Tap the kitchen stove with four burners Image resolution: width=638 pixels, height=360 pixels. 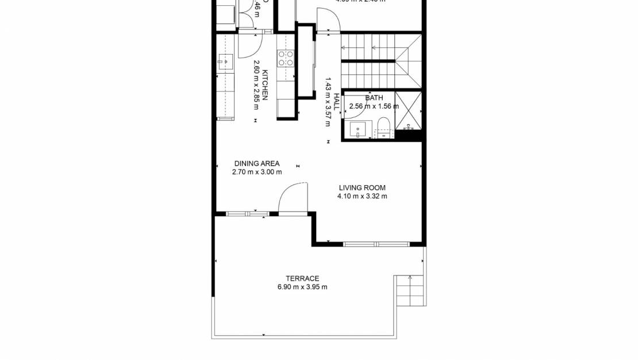click(x=286, y=58)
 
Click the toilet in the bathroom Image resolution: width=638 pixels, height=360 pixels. click(x=383, y=126)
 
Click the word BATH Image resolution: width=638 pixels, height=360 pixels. click(x=374, y=98)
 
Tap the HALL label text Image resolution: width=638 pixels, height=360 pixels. click(x=337, y=101)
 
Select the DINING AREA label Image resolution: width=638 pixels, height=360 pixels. click(x=257, y=163)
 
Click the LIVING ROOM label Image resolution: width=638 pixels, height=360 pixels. click(x=362, y=187)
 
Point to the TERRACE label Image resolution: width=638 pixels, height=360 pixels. click(x=302, y=278)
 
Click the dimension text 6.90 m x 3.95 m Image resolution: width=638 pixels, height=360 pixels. click(x=302, y=287)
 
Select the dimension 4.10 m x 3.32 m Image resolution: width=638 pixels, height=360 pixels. click(x=362, y=196)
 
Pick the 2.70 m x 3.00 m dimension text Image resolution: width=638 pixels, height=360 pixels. click(x=257, y=172)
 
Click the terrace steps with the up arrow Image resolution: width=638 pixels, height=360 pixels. click(x=410, y=290)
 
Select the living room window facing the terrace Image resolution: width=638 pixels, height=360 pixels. click(x=376, y=244)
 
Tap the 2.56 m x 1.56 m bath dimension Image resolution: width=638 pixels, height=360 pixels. click(x=374, y=106)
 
